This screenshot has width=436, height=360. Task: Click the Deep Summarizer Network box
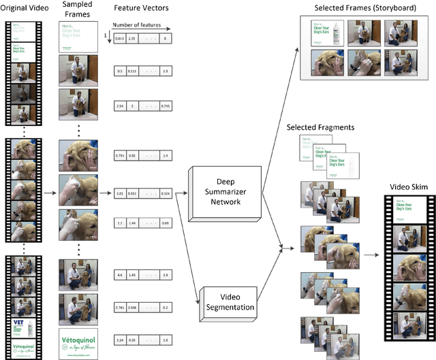pyautogui.click(x=225, y=193)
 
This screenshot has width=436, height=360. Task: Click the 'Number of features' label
pyautogui.click(x=145, y=29)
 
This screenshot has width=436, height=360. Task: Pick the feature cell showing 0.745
pyautogui.click(x=167, y=106)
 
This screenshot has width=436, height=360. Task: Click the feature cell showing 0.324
pyautogui.click(x=167, y=194)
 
